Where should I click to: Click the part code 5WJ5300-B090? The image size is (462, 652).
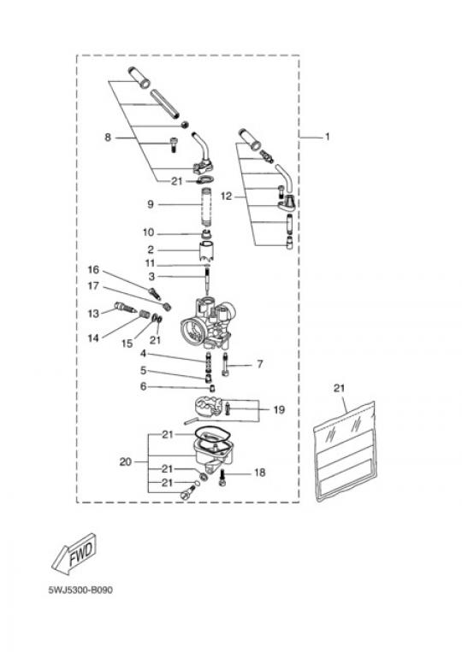point(80,590)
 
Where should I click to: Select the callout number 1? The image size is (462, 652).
point(327,137)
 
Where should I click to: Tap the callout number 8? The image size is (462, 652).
point(108,138)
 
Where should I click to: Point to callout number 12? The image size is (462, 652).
point(226,196)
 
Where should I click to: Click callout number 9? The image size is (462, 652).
point(151,204)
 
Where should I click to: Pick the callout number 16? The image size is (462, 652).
point(93,270)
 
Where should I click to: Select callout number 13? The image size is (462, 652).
point(93,313)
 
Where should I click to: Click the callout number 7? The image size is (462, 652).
point(260,364)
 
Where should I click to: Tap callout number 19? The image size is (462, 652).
point(279,409)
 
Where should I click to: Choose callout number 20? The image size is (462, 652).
point(125,461)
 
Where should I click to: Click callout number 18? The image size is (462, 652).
point(260,473)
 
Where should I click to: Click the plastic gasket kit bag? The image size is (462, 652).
point(345,452)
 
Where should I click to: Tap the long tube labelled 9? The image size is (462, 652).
point(207,207)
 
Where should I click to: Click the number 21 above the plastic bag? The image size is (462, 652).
point(339,388)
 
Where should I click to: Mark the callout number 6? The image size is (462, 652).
point(143,387)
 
